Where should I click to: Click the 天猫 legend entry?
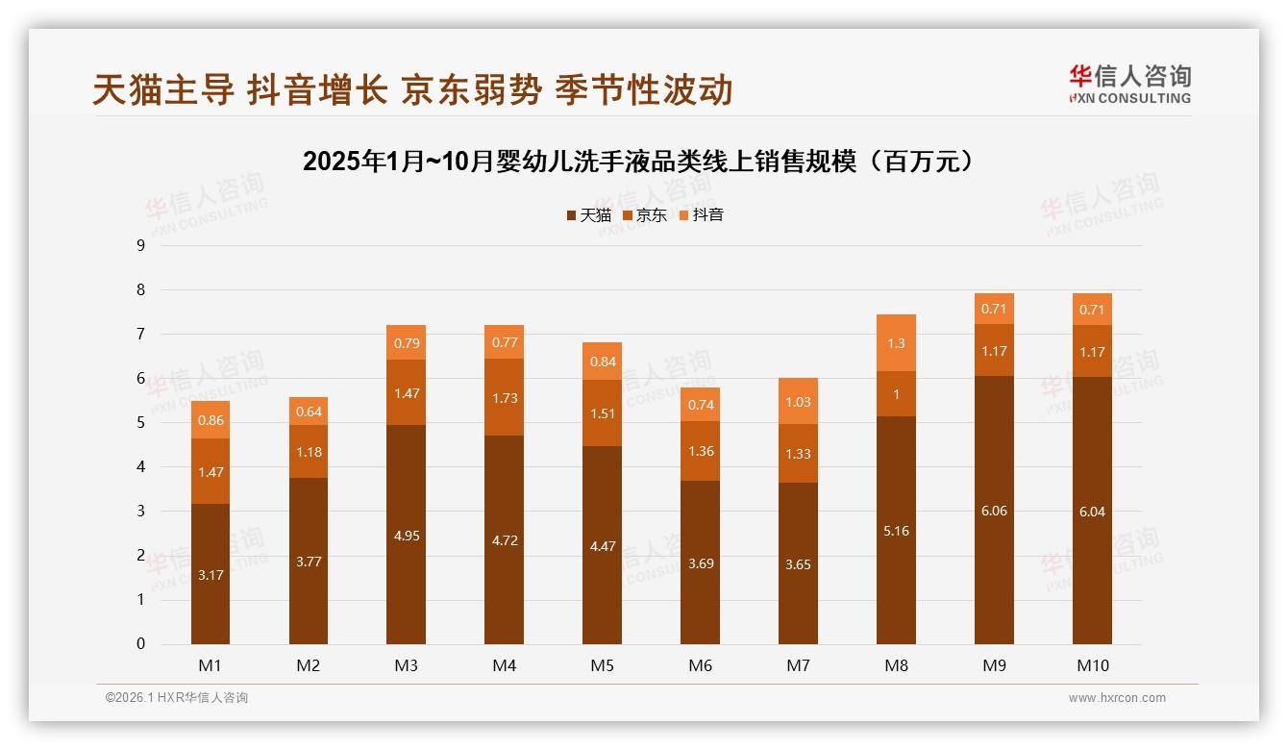point(588,215)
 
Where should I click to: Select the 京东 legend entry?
point(645,215)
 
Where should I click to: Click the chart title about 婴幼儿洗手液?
point(643,162)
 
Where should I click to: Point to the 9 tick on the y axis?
point(140,245)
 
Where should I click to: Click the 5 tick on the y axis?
point(140,423)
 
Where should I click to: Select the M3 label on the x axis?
point(406,665)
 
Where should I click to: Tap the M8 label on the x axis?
point(896,665)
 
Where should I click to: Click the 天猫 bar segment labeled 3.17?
point(210,575)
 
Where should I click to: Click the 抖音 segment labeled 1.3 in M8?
point(896,343)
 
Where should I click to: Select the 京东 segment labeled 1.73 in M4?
point(504,397)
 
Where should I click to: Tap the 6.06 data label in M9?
point(994,511)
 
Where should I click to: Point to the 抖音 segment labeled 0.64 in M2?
point(308,412)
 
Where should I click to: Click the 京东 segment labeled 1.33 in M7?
point(798,454)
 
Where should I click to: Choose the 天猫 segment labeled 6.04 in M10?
point(1092,512)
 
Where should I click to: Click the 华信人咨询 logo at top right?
point(1129,84)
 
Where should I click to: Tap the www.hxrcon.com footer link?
point(1117,698)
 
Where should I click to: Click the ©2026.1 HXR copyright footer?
point(177,698)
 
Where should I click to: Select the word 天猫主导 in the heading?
point(162,89)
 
